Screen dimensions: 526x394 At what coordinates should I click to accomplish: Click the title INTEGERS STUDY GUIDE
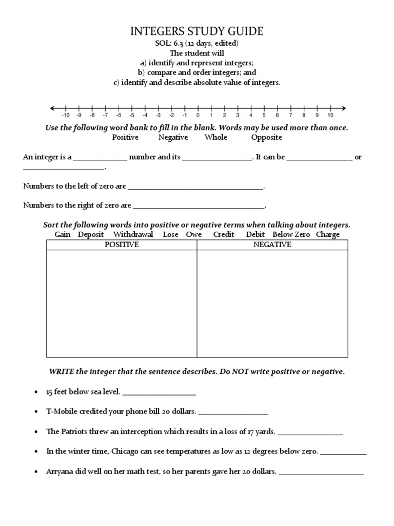(198, 31)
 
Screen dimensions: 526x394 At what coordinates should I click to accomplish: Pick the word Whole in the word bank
(215, 137)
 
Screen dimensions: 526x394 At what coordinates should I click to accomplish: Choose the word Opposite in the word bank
(266, 137)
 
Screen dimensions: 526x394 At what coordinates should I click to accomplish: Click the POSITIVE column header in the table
(122, 245)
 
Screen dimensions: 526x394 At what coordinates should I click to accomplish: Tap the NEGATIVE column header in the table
(272, 245)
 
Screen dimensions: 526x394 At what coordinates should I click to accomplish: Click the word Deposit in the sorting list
(91, 235)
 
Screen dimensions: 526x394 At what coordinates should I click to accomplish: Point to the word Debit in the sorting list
(255, 235)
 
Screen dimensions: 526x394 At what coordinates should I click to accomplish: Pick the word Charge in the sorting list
(328, 235)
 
